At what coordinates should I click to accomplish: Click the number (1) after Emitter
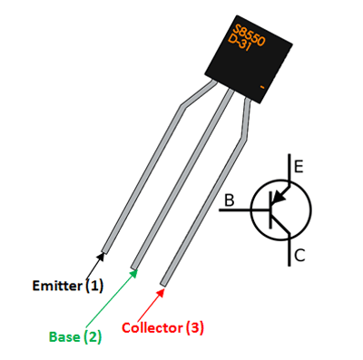[95, 288]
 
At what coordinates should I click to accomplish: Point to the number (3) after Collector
[194, 328]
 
